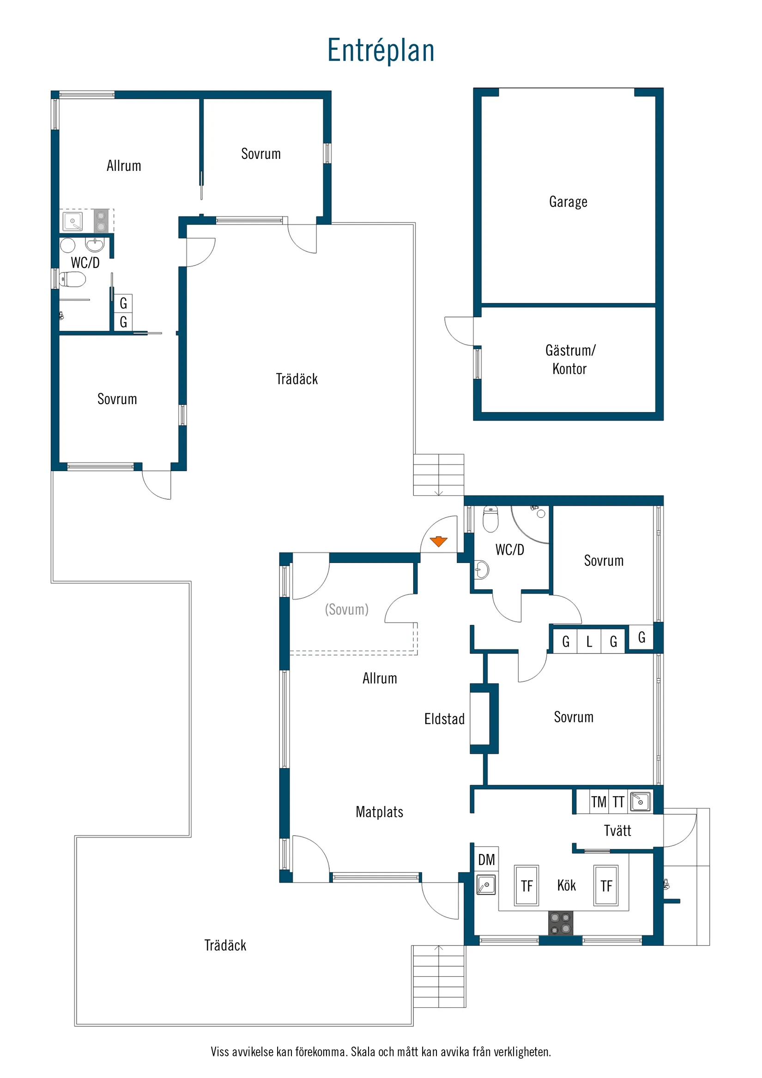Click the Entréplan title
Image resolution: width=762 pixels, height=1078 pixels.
pos(380,51)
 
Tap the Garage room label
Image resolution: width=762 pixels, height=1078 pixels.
pos(568,202)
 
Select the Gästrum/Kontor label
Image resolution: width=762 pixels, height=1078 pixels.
pos(569,359)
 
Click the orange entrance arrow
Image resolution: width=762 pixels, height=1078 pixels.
pos(439,541)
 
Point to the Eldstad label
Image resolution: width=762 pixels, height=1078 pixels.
pos(444,719)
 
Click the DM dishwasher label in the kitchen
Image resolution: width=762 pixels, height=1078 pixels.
pos(486,860)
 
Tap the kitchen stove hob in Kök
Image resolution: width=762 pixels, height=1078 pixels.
pos(561,923)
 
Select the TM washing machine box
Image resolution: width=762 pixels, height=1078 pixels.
pos(599,802)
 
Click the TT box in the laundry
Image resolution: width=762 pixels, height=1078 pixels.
pos(618,802)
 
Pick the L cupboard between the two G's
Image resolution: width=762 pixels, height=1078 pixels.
pos(589,642)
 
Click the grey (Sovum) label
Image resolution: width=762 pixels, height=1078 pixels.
pos(346,609)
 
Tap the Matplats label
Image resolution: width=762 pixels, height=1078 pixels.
pos(379,812)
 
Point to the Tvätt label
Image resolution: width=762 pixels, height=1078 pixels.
pos(617,830)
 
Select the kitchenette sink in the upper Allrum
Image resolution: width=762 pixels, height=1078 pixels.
pos(73,221)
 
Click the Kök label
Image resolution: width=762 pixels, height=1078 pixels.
pos(566,885)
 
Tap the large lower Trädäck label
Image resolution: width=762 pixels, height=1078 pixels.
pos(225,945)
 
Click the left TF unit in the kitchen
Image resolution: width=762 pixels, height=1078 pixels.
pos(526,885)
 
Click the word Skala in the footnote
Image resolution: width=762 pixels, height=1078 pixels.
pos(363,1052)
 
